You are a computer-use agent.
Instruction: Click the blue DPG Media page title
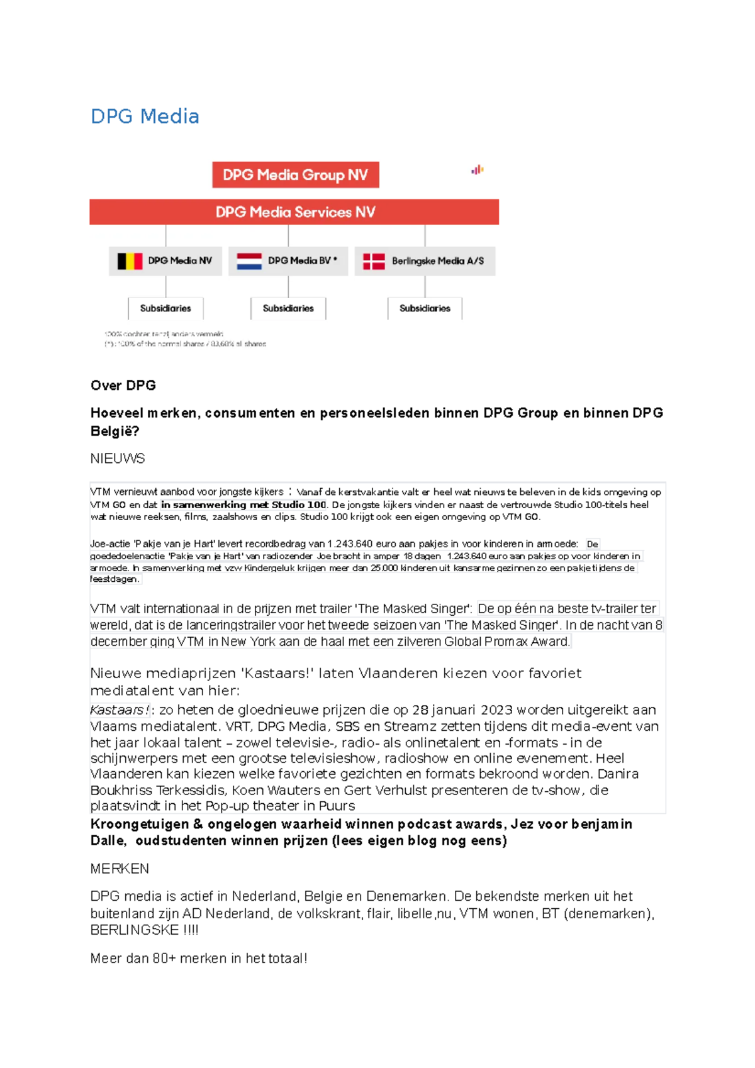145,116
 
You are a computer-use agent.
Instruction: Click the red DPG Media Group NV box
295,175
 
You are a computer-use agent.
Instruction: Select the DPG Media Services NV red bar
294,212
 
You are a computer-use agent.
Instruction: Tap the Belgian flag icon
130,261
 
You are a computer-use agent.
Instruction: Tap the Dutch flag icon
249,261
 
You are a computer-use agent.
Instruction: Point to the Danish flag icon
374,261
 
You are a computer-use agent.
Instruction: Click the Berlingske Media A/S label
437,261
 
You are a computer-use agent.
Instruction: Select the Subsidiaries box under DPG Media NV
165,308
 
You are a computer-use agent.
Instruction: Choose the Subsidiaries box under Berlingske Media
425,308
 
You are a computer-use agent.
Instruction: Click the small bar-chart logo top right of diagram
478,170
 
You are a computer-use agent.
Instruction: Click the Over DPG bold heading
123,386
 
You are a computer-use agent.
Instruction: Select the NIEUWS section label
118,459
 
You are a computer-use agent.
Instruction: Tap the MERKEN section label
120,869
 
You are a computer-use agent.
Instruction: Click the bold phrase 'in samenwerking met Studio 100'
243,504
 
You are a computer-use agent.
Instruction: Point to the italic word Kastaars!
120,710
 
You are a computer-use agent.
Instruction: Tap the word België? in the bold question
115,431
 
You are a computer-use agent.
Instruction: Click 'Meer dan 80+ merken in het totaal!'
199,959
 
